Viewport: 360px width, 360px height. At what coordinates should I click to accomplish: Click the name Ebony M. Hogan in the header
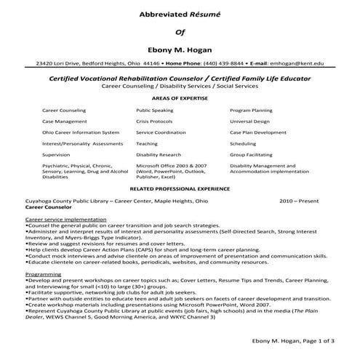(x=180, y=51)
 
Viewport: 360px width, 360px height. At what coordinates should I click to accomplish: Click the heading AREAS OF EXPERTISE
(x=180, y=97)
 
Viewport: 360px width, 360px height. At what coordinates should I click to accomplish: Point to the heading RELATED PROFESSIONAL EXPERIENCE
(x=180, y=188)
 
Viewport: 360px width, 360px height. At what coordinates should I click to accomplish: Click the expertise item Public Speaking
(x=154, y=110)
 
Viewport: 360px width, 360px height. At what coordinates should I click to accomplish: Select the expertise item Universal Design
(x=249, y=121)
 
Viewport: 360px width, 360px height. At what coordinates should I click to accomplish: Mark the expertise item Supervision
(x=56, y=155)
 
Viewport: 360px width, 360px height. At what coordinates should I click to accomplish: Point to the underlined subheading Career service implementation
(x=65, y=218)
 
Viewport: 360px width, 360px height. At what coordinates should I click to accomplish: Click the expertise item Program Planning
(x=251, y=110)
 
